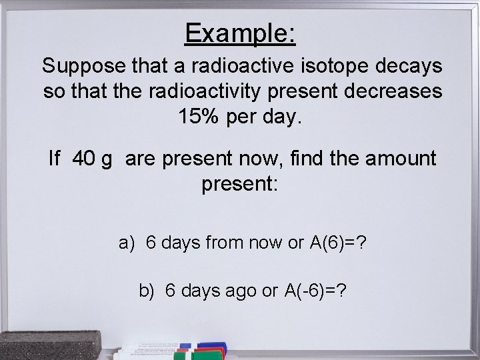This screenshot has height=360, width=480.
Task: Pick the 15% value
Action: click(199, 117)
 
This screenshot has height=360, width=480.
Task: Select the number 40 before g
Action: click(83, 159)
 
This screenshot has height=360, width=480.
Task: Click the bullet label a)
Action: click(128, 243)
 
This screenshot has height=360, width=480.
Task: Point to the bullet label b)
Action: click(147, 291)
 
